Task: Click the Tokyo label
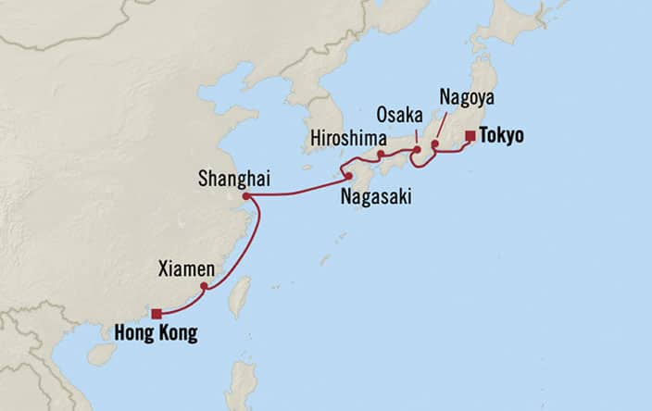tap(502, 136)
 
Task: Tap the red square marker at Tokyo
tap(470, 136)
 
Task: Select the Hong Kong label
tap(157, 333)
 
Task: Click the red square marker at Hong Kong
tap(157, 313)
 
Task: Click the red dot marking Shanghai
tap(245, 196)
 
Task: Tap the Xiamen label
tap(187, 269)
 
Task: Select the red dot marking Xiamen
tap(204, 286)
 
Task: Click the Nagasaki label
tap(375, 197)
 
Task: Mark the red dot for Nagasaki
tap(348, 176)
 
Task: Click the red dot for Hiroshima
tap(381, 154)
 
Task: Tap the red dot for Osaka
tap(417, 150)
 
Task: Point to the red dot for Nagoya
tap(434, 144)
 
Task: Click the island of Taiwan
tap(240, 296)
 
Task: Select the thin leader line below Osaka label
tap(416, 135)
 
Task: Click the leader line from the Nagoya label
tap(442, 125)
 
